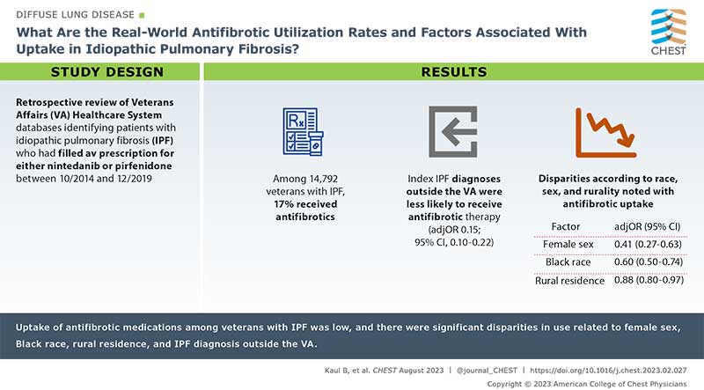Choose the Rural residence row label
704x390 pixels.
(570, 281)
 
